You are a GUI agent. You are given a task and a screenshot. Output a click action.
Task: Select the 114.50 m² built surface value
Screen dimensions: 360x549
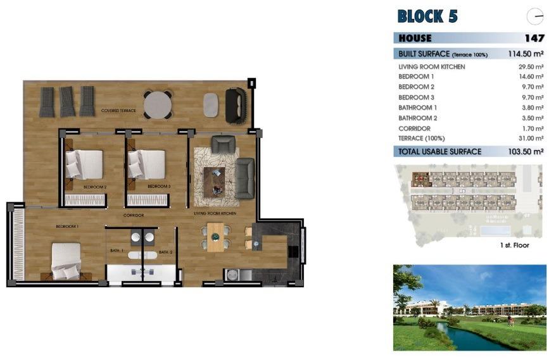point(526,54)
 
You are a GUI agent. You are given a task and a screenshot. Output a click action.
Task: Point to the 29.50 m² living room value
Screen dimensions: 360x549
point(531,66)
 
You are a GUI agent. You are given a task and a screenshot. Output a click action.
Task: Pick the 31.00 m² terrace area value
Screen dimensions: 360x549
point(531,138)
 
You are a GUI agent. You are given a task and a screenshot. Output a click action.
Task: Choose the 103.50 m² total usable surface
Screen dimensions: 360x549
point(526,152)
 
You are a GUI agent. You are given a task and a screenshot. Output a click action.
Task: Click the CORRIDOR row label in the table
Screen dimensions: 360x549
point(414,128)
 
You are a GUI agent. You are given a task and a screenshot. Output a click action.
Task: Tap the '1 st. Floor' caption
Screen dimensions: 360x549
point(514,245)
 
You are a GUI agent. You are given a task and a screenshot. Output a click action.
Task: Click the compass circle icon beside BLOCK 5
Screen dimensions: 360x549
point(534,17)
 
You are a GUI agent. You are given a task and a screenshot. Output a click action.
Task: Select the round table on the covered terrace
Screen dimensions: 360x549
point(158,104)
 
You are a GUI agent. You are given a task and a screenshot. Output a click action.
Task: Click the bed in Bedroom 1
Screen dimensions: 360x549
point(66,260)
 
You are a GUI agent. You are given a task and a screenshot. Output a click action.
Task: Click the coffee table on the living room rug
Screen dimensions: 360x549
point(214,180)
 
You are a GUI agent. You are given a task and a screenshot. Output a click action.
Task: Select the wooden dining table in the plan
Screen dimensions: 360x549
point(215,237)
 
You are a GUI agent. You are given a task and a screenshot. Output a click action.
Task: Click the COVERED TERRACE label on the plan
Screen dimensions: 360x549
point(118,111)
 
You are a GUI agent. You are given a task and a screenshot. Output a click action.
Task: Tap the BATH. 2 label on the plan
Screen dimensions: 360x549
point(166,252)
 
